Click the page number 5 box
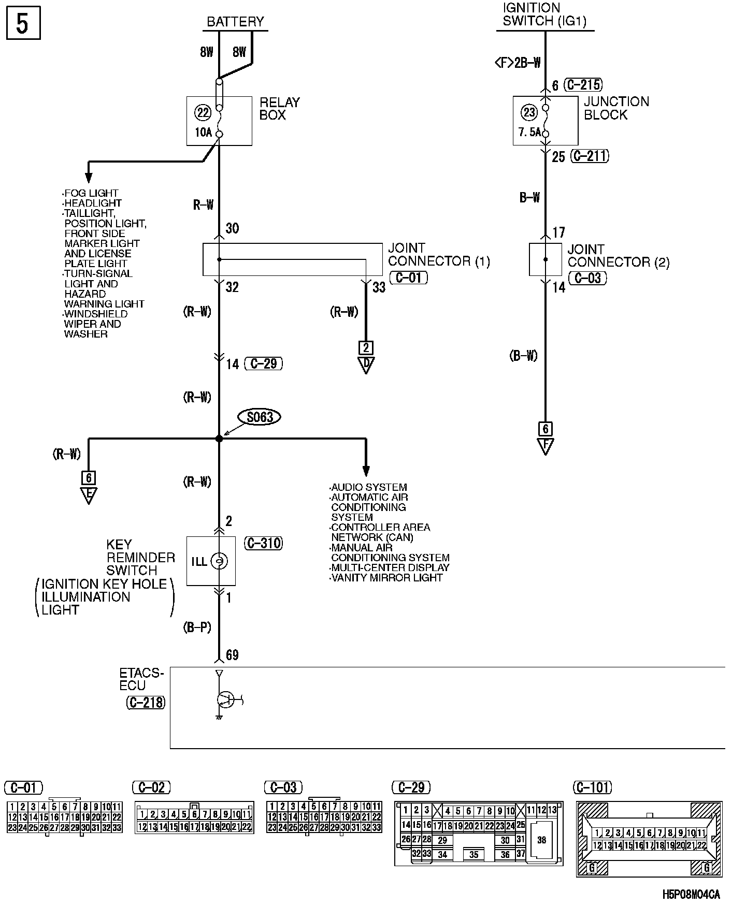coord(22,24)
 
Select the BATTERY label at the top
coord(235,22)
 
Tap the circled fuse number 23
coord(529,112)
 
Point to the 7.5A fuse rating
coord(529,133)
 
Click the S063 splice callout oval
coord(259,417)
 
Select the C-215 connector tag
coord(583,84)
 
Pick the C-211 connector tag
coord(590,156)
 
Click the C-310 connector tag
coord(263,543)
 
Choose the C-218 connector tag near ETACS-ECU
coord(146,703)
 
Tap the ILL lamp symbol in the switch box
coord(219,561)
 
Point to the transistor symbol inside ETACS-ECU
coord(225,700)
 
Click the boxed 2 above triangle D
coord(366,347)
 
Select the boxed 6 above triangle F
coord(545,429)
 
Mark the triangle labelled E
coord(89,495)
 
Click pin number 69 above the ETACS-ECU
coord(232,655)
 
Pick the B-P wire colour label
coord(197,627)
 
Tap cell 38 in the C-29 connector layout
coord(541,840)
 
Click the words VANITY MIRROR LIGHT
coord(387,578)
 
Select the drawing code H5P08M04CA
coord(691,894)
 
